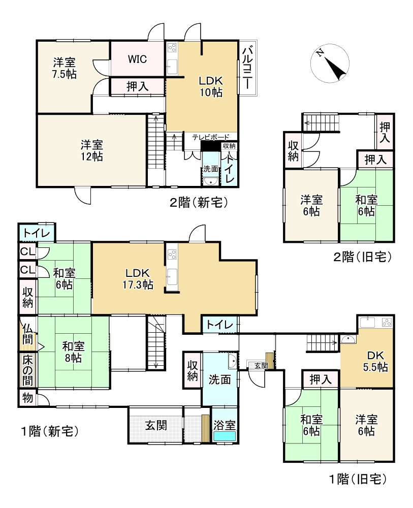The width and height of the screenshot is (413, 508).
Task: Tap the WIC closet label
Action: click(137, 59)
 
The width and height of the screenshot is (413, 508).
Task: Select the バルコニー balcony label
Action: click(248, 68)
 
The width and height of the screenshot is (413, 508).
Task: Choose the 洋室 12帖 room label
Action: click(91, 150)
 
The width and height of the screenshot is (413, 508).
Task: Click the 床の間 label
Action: click(27, 370)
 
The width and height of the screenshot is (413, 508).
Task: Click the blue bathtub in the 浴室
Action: click(224, 436)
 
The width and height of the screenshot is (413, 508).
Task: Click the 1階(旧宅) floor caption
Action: click(358, 478)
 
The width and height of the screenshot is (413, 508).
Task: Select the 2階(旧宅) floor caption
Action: click(362, 257)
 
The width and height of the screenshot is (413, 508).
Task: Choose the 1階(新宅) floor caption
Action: click(49, 432)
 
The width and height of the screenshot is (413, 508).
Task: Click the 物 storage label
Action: click(27, 398)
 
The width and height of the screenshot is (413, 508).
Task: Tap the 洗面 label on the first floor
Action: click(219, 379)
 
